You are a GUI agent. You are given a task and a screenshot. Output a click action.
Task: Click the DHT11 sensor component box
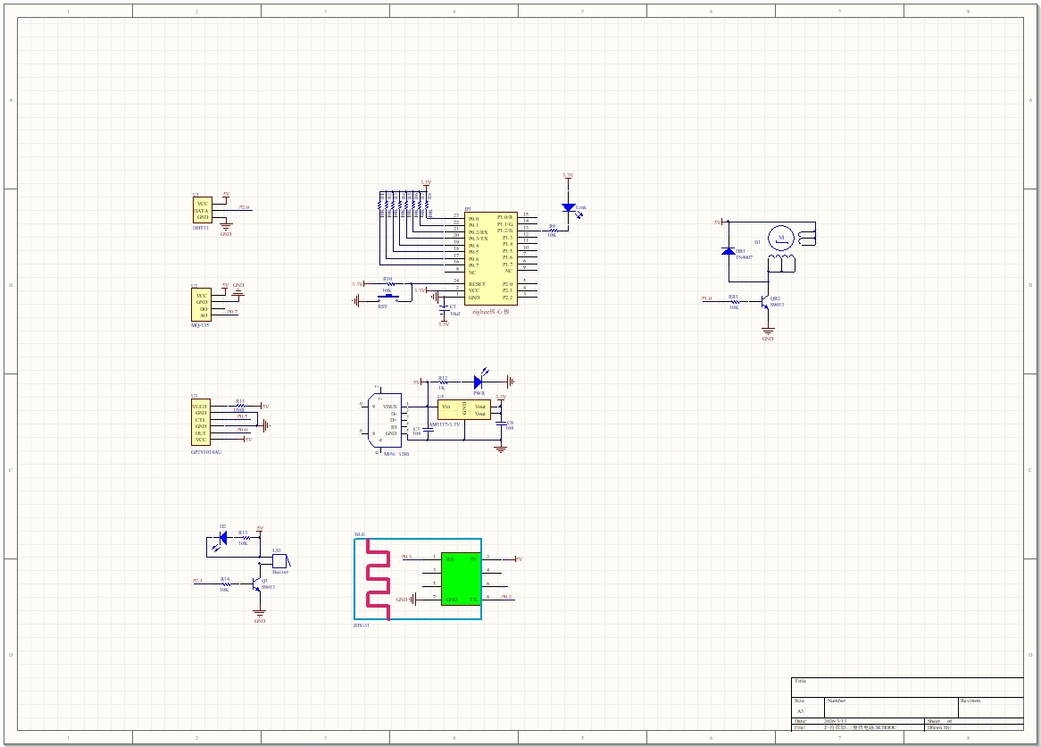pos(203,211)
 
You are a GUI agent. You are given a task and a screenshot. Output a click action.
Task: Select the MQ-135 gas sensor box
pos(202,305)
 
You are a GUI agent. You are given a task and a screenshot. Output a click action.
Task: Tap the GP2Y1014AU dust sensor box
pos(200,424)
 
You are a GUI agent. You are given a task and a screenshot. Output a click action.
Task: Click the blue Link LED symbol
pos(568,207)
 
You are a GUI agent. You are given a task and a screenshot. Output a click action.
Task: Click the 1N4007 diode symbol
pos(729,251)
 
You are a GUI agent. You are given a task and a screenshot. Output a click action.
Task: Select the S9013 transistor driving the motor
pos(764,302)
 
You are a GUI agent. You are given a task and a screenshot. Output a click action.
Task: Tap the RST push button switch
pos(387,297)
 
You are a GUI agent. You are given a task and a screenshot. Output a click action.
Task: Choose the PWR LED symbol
pos(479,382)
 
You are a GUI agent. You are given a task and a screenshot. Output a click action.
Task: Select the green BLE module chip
pos(461,579)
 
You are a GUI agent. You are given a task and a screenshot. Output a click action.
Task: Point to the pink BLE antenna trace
pos(378,580)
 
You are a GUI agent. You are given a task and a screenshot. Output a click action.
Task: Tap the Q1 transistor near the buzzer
pos(257,583)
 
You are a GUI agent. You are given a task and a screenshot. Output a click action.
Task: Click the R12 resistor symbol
pos(442,382)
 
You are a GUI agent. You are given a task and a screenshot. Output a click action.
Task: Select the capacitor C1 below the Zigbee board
pos(444,308)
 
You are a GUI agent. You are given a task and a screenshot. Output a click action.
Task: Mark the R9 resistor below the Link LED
pos(552,231)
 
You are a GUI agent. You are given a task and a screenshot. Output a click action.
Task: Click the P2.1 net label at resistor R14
pos(197,581)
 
